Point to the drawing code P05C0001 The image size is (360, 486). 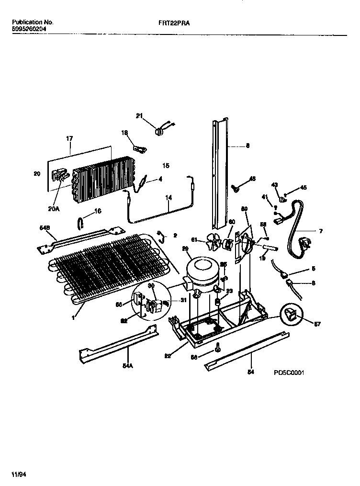(289, 372)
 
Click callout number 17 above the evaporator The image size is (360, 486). (69, 138)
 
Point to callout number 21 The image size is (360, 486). (139, 115)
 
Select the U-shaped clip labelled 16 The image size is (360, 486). (82, 222)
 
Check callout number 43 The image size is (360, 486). (274, 184)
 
